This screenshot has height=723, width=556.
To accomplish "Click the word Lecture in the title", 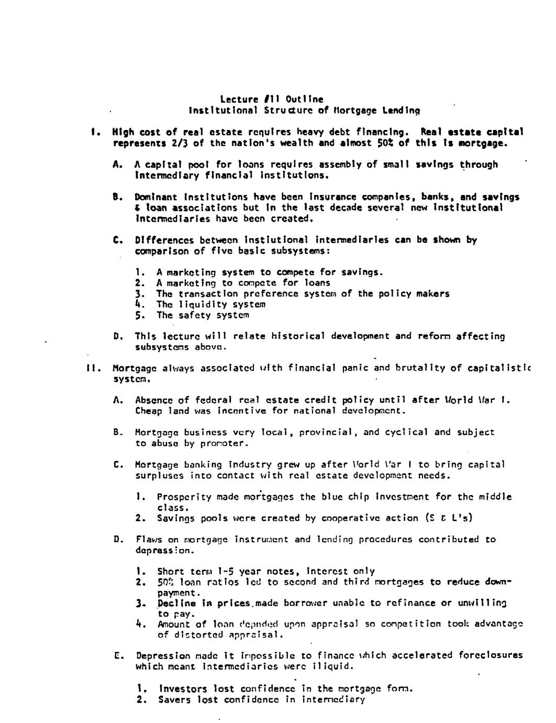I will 239,100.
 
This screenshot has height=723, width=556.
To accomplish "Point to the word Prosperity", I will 184,497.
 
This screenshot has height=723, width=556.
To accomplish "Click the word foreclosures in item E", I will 490,655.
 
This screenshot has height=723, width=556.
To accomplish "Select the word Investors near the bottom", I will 181,689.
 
